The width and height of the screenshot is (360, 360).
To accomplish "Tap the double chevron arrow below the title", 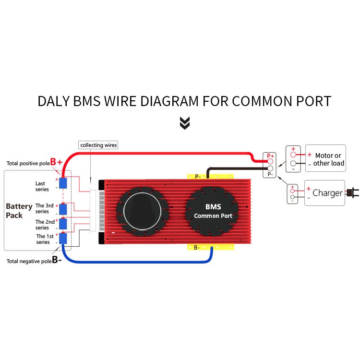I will [185, 122].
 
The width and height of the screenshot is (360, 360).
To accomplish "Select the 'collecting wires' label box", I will [98, 144].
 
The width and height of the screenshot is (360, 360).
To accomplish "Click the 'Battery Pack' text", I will [19, 211].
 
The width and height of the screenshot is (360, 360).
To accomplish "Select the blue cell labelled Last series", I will [63, 183].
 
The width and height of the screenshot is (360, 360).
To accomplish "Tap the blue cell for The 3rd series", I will [63, 209].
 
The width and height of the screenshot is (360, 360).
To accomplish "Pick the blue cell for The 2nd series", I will [63, 223].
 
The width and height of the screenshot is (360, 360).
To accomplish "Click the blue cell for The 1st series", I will [63, 238].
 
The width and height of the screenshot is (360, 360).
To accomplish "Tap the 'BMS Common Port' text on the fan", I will [213, 212].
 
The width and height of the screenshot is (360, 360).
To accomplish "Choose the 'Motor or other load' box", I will [325, 158].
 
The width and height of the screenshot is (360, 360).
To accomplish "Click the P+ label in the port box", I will [270, 156].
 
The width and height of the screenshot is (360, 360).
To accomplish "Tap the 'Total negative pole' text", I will [29, 261].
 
